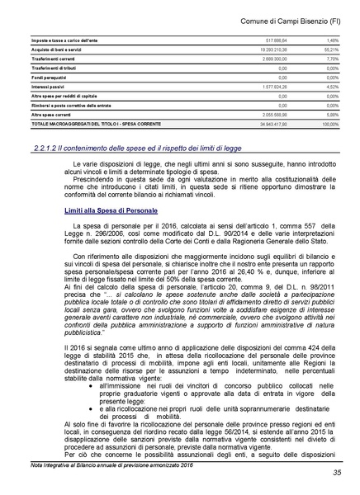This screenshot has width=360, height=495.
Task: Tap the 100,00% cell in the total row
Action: pyautogui.click(x=329, y=125)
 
